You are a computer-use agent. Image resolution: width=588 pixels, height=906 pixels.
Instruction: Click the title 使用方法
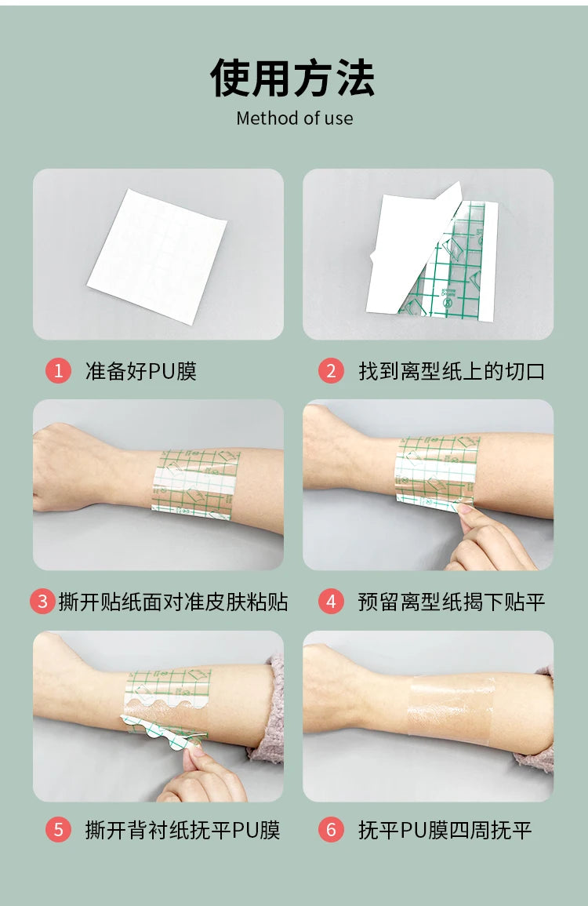coord(293,78)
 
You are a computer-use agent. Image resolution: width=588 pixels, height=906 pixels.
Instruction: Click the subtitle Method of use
coord(295,118)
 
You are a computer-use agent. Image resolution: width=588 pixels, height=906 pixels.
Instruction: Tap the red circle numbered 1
coord(58,370)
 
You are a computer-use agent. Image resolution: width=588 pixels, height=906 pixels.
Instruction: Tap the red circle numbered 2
coord(331,370)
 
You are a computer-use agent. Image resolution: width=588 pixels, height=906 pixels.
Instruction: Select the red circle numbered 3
coord(42,602)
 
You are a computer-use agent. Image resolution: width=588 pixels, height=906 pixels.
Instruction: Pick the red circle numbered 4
coord(331,602)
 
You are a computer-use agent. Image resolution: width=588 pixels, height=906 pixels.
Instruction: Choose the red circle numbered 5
coord(58,831)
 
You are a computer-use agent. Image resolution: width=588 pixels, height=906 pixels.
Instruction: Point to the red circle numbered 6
coord(331,831)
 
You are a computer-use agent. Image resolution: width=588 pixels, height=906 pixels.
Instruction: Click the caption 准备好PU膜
coord(141,371)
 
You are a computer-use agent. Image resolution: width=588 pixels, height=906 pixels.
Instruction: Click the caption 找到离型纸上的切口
coord(452,371)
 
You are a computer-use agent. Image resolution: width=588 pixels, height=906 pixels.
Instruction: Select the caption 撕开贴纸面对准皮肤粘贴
coord(173,602)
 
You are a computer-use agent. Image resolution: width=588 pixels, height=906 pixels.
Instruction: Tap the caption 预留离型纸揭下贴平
coord(452,602)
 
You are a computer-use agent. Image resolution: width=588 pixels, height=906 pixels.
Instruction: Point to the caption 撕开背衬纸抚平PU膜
coord(183,831)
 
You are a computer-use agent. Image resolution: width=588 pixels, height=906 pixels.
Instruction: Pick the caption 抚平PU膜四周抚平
coord(445,831)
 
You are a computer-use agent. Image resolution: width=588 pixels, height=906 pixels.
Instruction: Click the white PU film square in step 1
coord(157,256)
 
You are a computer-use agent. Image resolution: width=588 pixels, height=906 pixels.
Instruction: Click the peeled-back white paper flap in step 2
coord(413,249)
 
